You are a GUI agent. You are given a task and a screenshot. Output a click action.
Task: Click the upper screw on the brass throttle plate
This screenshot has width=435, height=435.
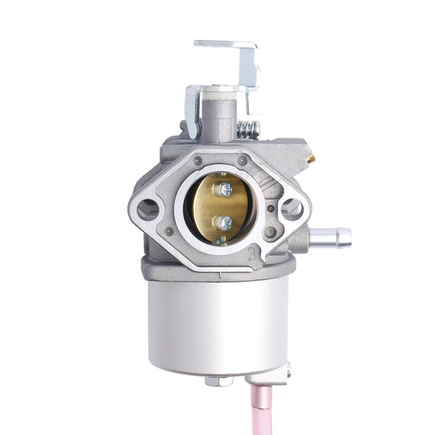[224, 189]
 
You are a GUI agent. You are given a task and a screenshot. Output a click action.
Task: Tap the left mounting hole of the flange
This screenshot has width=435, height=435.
[148, 208]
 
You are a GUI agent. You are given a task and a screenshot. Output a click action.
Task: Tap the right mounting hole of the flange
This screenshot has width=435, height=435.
[291, 208]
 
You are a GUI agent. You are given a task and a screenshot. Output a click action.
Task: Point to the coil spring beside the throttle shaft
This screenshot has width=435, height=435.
[248, 130]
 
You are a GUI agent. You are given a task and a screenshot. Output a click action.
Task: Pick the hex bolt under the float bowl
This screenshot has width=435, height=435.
[219, 381]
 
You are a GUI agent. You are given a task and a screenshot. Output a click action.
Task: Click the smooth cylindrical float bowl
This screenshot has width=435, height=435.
[218, 325]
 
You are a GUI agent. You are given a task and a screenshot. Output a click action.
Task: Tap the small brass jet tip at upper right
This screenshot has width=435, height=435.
[311, 158]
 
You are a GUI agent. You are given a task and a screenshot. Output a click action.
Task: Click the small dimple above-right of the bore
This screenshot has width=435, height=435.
[242, 161]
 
